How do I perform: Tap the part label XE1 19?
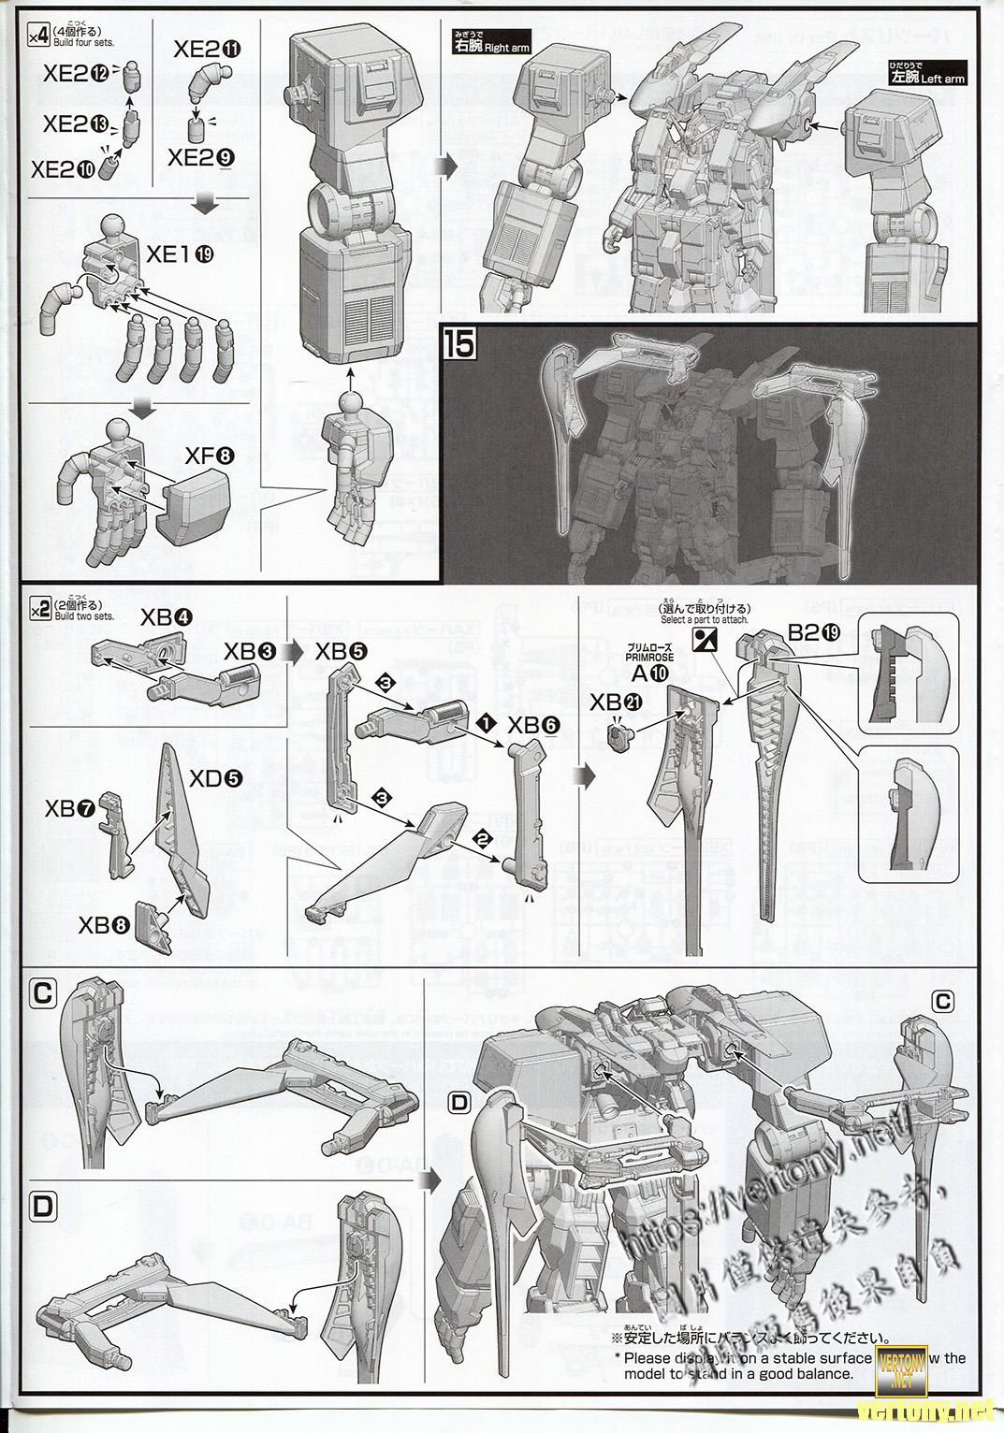point(182,254)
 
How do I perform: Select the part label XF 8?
point(210,456)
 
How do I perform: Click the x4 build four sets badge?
point(38,36)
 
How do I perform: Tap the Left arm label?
point(927,76)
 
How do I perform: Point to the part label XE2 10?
point(65,168)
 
